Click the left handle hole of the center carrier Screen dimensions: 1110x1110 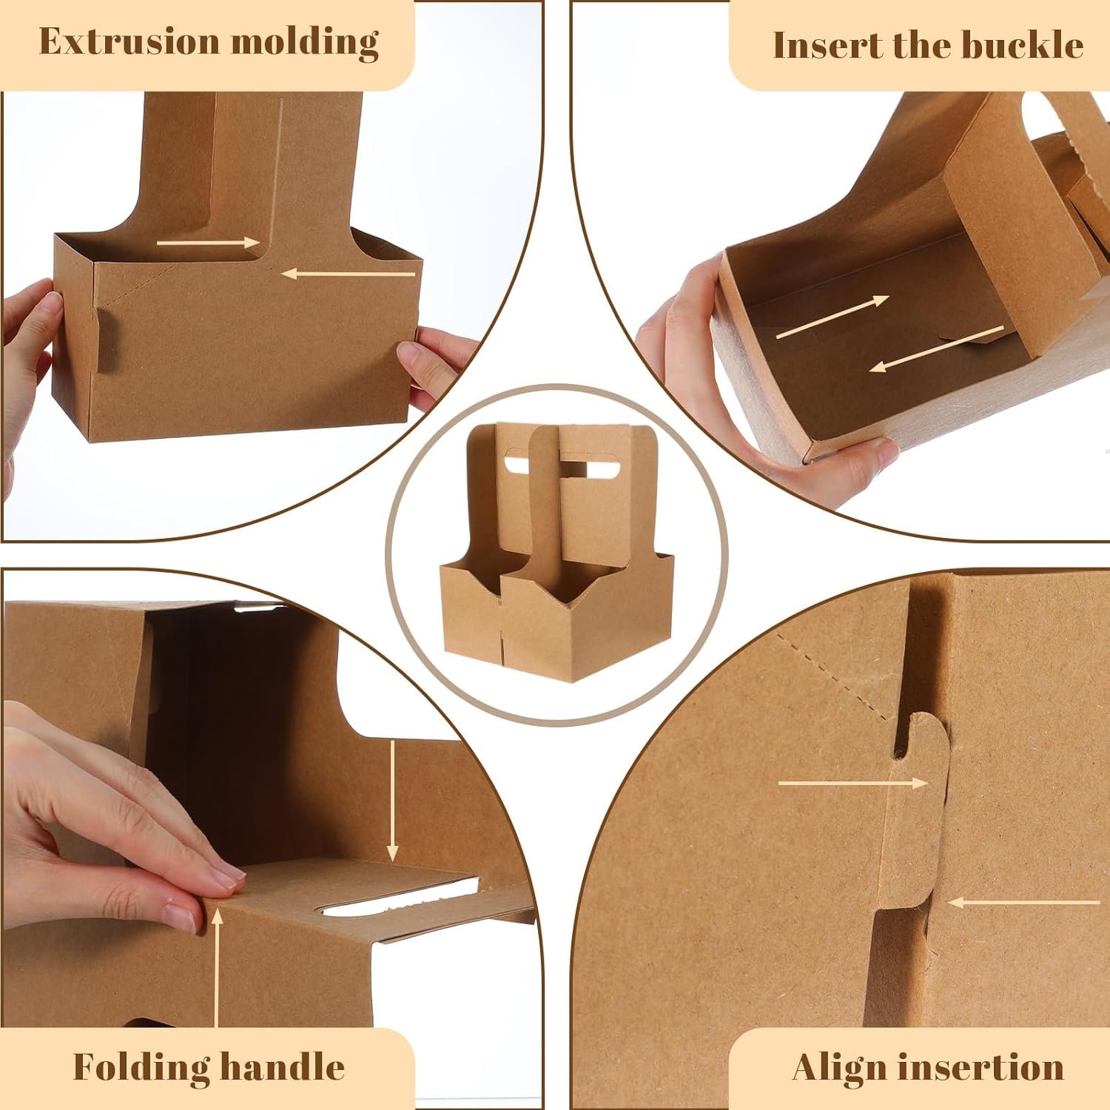511,465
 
